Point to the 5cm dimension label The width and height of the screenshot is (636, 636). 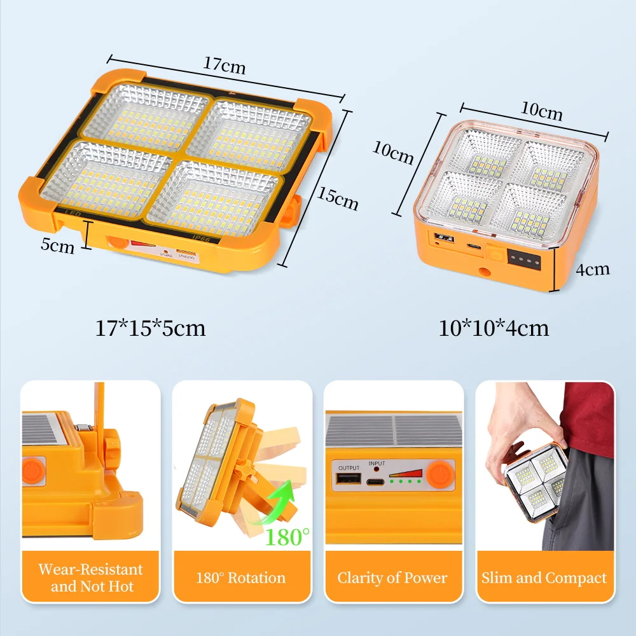[x=58, y=245]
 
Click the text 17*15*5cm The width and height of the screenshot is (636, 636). [x=151, y=328]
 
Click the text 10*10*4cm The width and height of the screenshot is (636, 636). [x=494, y=328]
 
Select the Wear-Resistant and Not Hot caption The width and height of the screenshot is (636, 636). [x=90, y=577]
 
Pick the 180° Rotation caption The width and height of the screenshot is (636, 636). [x=242, y=577]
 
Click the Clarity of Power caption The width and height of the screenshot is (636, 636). [x=392, y=577]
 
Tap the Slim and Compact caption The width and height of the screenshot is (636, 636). [x=544, y=577]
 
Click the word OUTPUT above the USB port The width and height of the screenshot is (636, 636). [x=349, y=468]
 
